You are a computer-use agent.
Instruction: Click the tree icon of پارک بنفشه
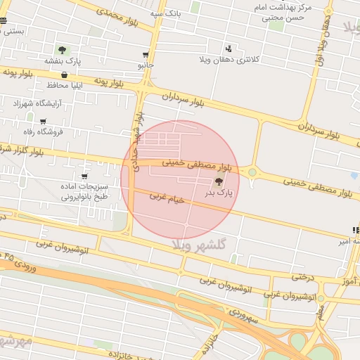coord(62,50)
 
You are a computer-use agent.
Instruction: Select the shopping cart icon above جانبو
coord(146,55)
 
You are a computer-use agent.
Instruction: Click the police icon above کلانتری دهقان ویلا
coord(229,49)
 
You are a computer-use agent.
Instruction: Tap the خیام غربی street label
coord(167,199)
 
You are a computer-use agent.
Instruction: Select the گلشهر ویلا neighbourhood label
coord(202,243)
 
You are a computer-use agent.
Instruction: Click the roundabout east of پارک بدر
coord(252,172)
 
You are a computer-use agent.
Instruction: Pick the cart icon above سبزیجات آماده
coord(84,176)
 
